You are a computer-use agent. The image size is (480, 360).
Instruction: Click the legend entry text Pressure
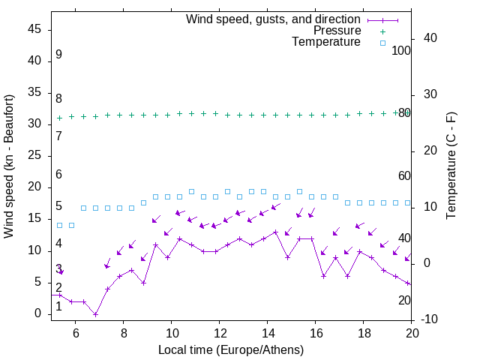pyautogui.click(x=337, y=31)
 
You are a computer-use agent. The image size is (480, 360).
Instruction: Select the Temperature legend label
pyautogui.click(x=326, y=42)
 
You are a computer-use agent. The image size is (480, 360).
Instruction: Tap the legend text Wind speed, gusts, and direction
pyautogui.click(x=274, y=19)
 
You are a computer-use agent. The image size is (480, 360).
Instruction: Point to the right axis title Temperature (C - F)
pyautogui.click(x=451, y=166)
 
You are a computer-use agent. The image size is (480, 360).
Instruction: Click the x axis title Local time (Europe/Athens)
pyautogui.click(x=231, y=349)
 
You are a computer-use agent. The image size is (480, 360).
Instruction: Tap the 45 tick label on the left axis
pyautogui.click(x=35, y=29)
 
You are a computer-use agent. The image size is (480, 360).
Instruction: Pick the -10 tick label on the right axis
pyautogui.click(x=429, y=319)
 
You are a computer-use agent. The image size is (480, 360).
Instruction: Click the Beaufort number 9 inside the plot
pyautogui.click(x=58, y=55)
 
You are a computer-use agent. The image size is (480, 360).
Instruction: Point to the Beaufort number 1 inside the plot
pyautogui.click(x=58, y=306)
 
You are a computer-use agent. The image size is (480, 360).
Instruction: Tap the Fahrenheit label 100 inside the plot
pyautogui.click(x=402, y=51)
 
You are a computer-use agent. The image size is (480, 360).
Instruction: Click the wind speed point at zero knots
pyautogui.click(x=95, y=314)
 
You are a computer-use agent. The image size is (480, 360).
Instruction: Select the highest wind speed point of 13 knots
pyautogui.click(x=276, y=232)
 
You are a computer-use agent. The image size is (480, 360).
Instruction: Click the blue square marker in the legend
pyautogui.click(x=382, y=43)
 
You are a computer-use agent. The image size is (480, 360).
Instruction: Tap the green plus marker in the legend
pyautogui.click(x=382, y=31)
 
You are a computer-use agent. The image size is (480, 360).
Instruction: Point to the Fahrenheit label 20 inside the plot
pyautogui.click(x=404, y=300)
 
